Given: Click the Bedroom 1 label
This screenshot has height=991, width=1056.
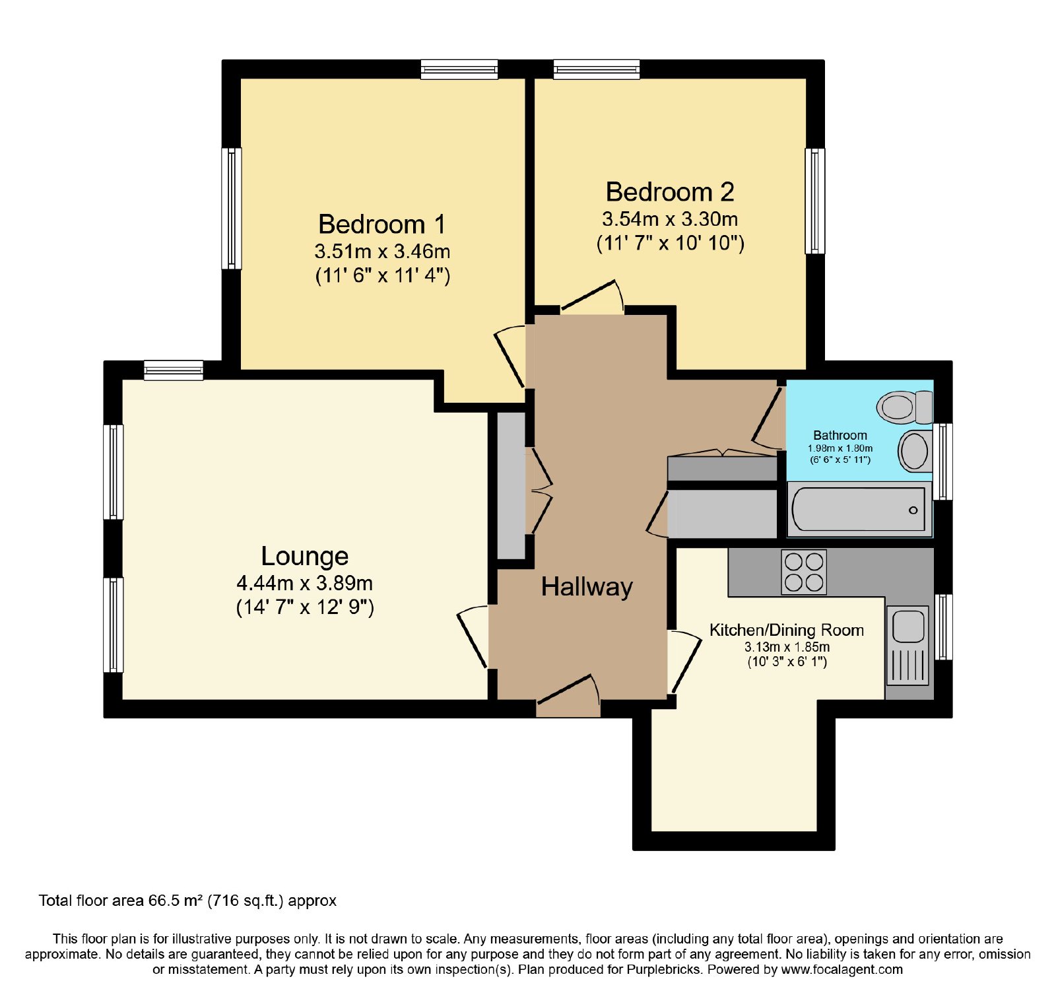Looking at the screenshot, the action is coord(382,224).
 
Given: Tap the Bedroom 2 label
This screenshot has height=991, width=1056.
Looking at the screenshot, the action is coord(670,192).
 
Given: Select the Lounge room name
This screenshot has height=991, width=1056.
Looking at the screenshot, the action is coord(305,557).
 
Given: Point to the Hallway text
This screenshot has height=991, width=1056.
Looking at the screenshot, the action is coord(587,587).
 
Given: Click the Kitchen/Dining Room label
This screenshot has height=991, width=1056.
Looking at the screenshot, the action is coord(787,630).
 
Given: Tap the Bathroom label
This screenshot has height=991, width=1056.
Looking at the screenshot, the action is coord(840,435).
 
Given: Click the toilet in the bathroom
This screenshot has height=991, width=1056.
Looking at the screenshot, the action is coord(905,407).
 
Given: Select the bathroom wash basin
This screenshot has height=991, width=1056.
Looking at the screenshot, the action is coord(915,451).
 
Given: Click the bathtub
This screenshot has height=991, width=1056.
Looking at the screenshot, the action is coord(859,509).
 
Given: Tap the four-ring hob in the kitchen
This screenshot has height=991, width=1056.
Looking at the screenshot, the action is coord(804,572).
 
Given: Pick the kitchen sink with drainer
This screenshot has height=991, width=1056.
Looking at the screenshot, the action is coord(908,645).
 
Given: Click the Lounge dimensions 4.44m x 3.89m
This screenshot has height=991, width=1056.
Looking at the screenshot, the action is coord(305,584).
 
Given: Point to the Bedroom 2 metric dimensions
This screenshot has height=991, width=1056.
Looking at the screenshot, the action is coord(670,219).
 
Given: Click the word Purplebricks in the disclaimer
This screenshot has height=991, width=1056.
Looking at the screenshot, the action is coord(664,969).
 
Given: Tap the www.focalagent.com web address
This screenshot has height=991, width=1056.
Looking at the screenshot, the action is coord(842,969).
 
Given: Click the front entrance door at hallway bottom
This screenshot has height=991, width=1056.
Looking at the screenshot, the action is coord(568,695).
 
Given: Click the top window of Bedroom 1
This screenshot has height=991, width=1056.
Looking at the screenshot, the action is coord(459,69).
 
